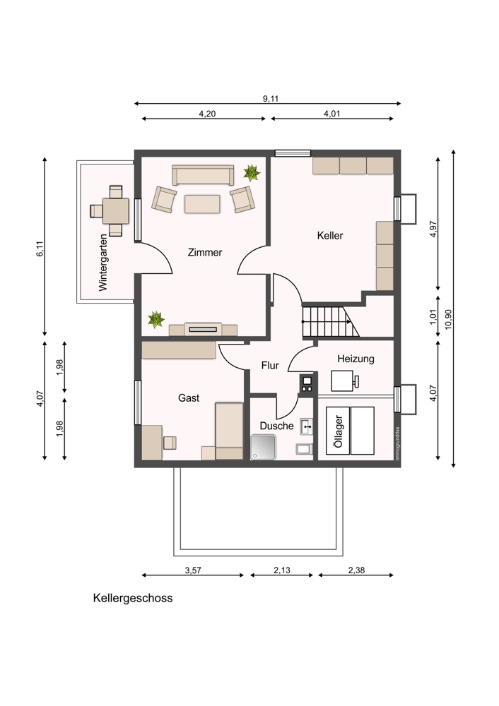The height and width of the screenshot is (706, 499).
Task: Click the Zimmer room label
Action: pyautogui.click(x=205, y=253)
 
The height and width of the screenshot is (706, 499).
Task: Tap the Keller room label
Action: pyautogui.click(x=330, y=236)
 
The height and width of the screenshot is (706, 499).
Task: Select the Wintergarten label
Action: pyautogui.click(x=103, y=263)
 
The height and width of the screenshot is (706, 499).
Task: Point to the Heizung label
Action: pyautogui.click(x=356, y=359)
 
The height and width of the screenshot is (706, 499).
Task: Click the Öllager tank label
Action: pyautogui.click(x=339, y=431)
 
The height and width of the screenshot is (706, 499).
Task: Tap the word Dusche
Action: pyautogui.click(x=276, y=426)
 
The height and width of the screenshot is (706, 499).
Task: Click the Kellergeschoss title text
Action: pyautogui.click(x=133, y=598)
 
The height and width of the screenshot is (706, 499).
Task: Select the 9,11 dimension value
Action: pyautogui.click(x=271, y=99)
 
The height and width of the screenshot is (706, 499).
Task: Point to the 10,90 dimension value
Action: pyautogui.click(x=447, y=319)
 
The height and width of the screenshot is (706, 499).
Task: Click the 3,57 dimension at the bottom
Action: pyautogui.click(x=193, y=570)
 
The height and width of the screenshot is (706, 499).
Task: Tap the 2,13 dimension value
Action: pyautogui.click(x=282, y=570)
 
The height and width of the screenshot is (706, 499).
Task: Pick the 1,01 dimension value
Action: pyautogui.click(x=433, y=316)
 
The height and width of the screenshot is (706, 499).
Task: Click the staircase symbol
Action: pyautogui.click(x=330, y=321)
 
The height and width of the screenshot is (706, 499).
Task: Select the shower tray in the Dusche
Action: pyautogui.click(x=263, y=447)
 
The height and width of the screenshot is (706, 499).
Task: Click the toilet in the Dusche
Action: pyautogui.click(x=304, y=449)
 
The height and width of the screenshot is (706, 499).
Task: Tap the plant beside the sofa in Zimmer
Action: pyautogui.click(x=251, y=172)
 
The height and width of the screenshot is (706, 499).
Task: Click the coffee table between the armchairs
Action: pyautogui.click(x=202, y=204)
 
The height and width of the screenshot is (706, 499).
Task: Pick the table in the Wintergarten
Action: pyautogui.click(x=115, y=210)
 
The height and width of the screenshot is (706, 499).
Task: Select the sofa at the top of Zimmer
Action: pyautogui.click(x=203, y=175)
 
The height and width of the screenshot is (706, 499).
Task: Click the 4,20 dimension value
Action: pyautogui.click(x=207, y=114)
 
